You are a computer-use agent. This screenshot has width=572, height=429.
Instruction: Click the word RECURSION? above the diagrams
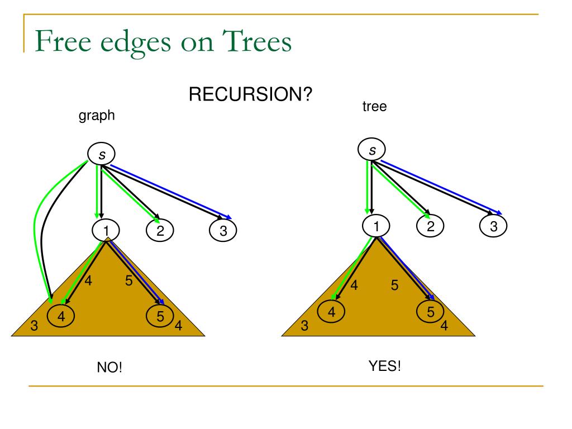(250, 94)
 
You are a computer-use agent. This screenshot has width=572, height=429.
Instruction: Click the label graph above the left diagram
(96, 115)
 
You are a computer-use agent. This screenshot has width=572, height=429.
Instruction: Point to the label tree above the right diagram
(374, 106)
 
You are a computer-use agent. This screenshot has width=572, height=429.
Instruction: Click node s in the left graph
(102, 154)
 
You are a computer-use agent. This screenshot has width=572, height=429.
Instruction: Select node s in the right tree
(372, 150)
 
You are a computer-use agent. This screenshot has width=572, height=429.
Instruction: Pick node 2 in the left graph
(160, 230)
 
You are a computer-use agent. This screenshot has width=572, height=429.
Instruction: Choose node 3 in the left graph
(223, 230)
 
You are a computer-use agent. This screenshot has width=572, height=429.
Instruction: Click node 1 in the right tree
(376, 226)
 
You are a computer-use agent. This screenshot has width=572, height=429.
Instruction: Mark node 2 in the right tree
(430, 226)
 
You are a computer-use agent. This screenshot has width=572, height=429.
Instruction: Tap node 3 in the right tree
(493, 226)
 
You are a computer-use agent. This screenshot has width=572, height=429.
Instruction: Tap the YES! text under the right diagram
(384, 366)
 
